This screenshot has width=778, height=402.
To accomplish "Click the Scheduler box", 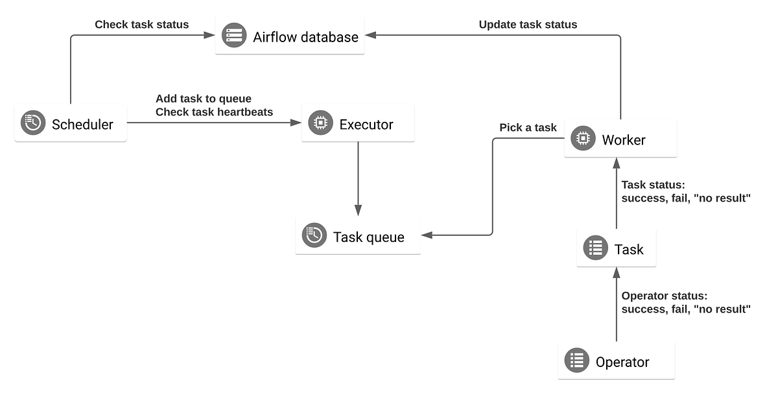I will [x=71, y=123].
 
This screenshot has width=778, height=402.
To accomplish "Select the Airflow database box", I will [x=290, y=36].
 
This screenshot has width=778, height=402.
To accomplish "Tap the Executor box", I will [x=358, y=123].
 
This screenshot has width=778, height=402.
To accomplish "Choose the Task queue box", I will [x=358, y=236].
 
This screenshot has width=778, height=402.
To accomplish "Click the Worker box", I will [x=620, y=139].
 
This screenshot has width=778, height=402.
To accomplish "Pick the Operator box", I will [x=616, y=361].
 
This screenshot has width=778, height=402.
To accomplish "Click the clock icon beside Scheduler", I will [x=33, y=123].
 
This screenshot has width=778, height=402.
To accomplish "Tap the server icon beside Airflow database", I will [x=234, y=36].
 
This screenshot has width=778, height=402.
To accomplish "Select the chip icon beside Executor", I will [x=320, y=123].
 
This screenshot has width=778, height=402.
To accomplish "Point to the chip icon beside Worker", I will [x=583, y=139].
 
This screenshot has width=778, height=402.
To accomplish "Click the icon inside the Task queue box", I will [x=314, y=236].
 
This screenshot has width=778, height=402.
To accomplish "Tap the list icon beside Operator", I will [x=577, y=361].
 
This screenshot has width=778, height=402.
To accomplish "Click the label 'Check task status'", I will [x=141, y=25].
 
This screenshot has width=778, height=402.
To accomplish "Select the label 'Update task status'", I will [x=528, y=25].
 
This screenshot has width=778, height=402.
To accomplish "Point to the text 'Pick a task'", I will [x=528, y=128].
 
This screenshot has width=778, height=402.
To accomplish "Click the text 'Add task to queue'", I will [x=204, y=99].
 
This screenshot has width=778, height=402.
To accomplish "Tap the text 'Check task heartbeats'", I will [x=215, y=112].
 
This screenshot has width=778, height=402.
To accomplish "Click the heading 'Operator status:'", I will [x=664, y=296].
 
